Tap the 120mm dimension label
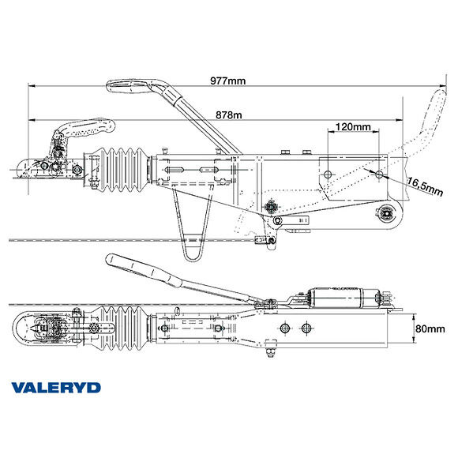pos(352,126)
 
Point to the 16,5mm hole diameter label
pos(424,186)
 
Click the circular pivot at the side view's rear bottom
pos(388,211)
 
